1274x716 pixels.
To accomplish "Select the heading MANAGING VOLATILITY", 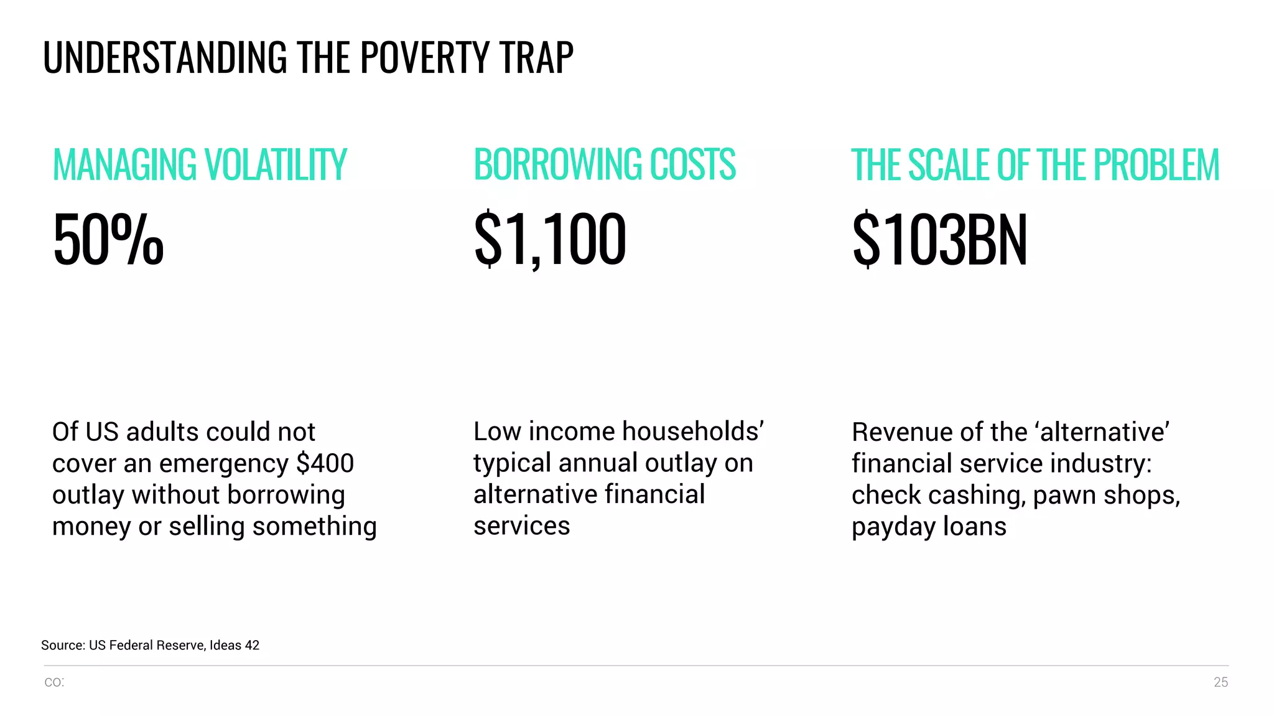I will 200,165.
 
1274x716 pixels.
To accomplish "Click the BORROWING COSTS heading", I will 605,165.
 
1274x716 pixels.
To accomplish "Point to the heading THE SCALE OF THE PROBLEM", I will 1035,165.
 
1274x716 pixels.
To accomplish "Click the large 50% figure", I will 108,240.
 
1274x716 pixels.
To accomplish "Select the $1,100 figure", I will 550,240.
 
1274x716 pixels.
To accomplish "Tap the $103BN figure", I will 939,240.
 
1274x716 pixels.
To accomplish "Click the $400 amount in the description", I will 325,463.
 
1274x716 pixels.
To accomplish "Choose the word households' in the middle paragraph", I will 693,431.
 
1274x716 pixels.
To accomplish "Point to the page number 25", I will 1221,682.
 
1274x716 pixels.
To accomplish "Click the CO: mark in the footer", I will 54,682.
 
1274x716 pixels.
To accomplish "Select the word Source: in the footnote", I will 63,646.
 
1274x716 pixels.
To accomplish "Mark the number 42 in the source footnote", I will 252,646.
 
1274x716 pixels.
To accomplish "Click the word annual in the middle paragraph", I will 598,463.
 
